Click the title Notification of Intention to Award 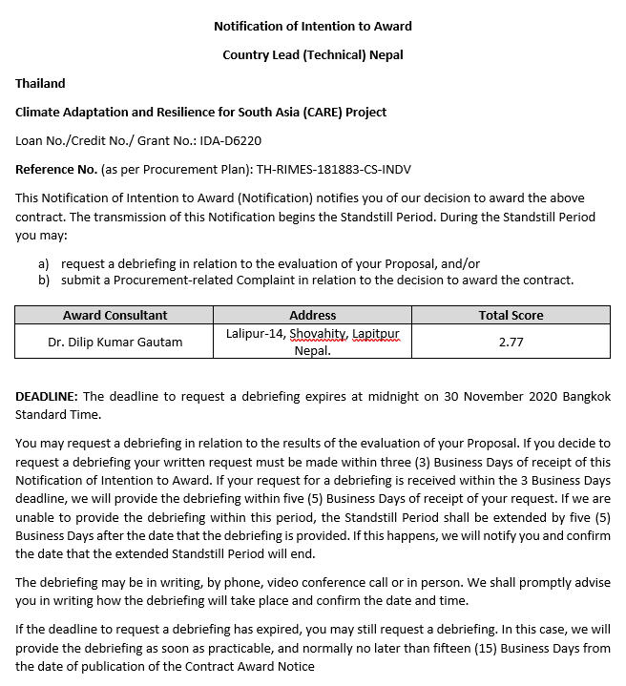[x=313, y=26]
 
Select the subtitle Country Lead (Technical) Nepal [x=313, y=54]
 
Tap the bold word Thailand [x=40, y=83]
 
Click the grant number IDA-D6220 [x=230, y=140]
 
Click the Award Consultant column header [x=115, y=315]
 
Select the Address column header [x=312, y=315]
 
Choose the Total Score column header [x=511, y=315]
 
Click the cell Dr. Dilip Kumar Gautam [x=115, y=342]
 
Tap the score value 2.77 [x=511, y=342]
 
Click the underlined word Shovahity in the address [x=318, y=334]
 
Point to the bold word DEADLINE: [x=47, y=396]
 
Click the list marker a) [x=44, y=263]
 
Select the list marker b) [x=44, y=281]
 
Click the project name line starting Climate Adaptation [x=200, y=112]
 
